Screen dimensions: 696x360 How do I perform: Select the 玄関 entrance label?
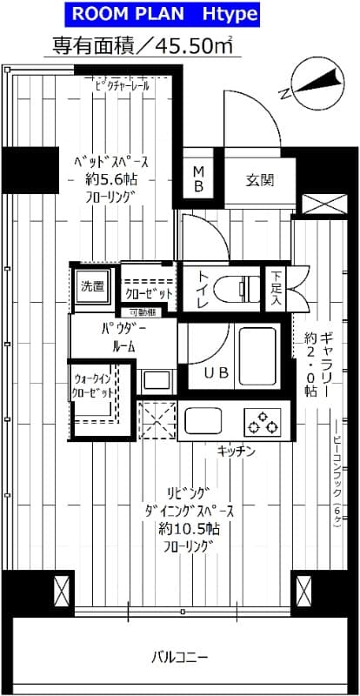(x=259, y=181)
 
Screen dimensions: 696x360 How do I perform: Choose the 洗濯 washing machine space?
(x=91, y=286)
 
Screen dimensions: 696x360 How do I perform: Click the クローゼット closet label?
(x=149, y=293)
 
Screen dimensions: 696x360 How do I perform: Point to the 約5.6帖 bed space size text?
(x=108, y=179)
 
